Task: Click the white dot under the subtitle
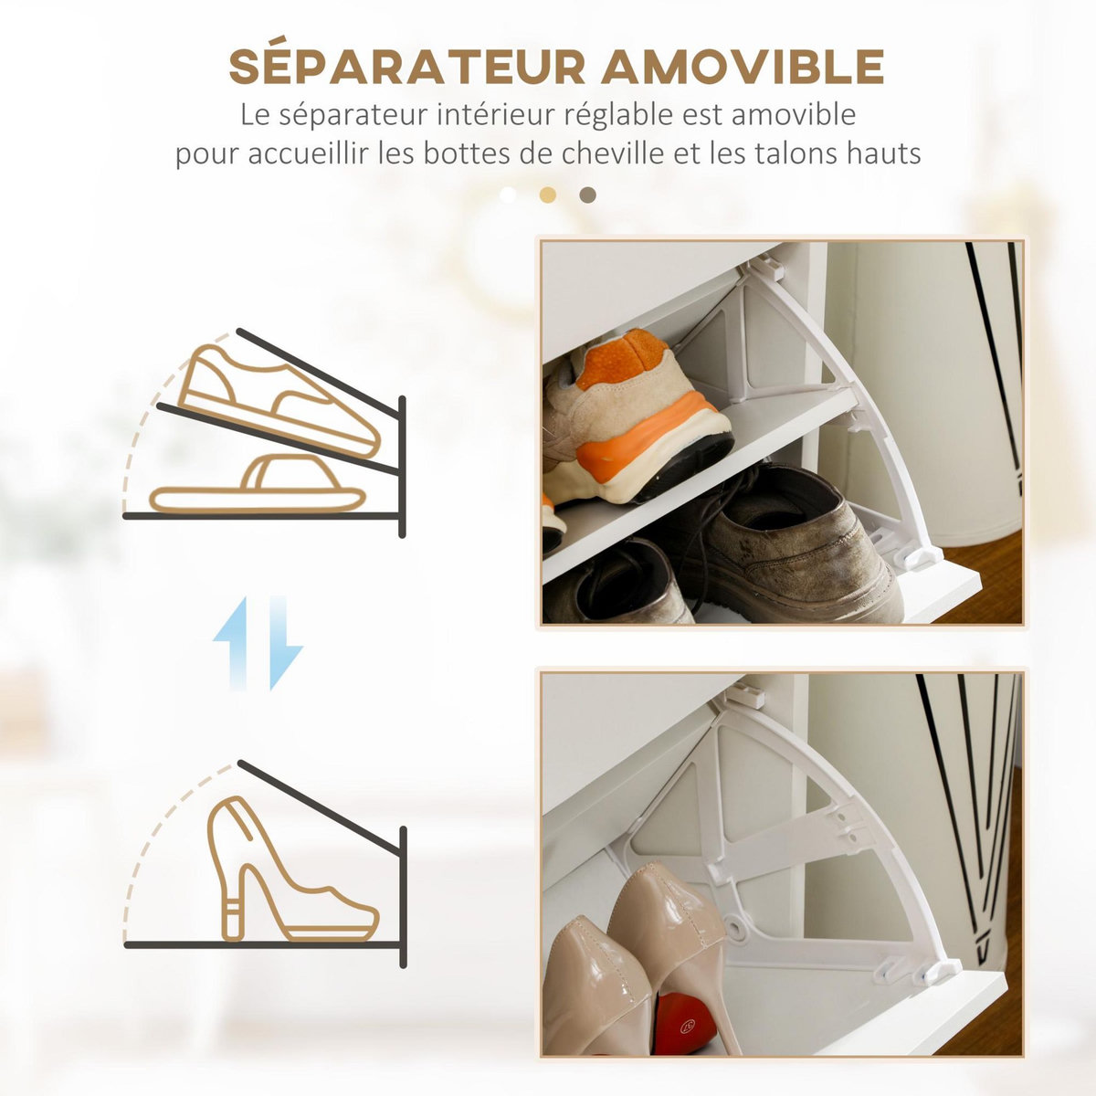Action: (508, 195)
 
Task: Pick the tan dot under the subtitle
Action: (548, 195)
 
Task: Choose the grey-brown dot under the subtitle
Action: (588, 195)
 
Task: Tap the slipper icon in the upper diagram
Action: (258, 489)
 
